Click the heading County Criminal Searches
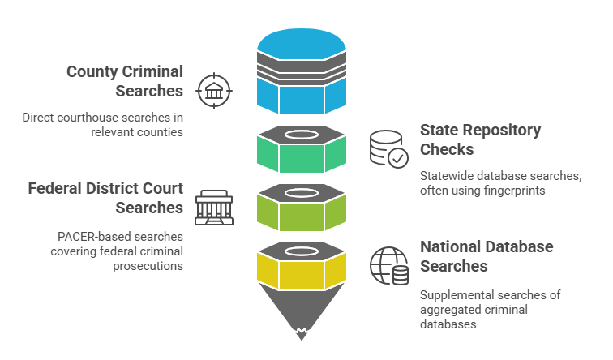coord(125,81)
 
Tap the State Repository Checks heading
coord(479,139)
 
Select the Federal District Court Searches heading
coord(105,198)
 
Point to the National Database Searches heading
coord(486,255)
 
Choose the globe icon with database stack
coord(388,265)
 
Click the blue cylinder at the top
coord(301,73)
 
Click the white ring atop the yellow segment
coord(301,251)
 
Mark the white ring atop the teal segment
coord(301,134)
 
